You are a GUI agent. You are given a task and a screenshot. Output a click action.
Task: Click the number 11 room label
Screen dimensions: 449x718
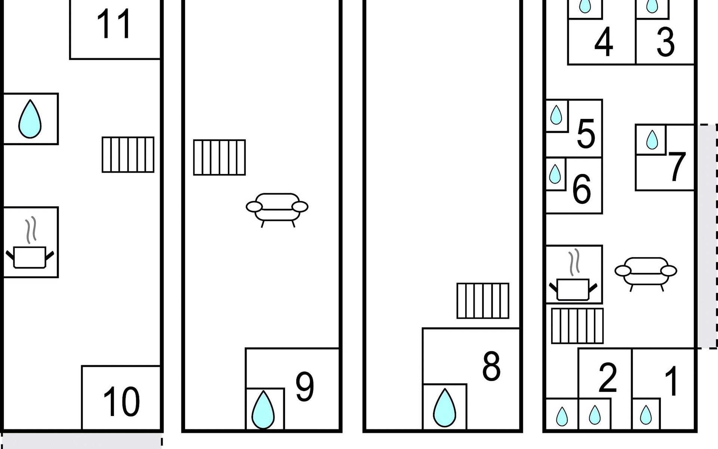[114, 25]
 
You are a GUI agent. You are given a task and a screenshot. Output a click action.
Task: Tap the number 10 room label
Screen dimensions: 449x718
[121, 402]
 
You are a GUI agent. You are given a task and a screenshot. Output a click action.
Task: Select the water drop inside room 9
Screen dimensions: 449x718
[263, 410]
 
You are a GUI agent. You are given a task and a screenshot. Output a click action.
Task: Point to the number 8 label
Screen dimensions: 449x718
[491, 366]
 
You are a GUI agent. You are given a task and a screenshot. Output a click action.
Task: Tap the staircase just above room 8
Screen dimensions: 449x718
[483, 301]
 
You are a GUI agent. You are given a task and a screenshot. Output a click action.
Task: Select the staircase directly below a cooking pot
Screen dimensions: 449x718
[577, 326]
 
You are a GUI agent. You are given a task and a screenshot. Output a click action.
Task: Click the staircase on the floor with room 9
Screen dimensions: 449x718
[220, 158]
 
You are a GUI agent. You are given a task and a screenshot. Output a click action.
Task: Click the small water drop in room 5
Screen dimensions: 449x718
[556, 115]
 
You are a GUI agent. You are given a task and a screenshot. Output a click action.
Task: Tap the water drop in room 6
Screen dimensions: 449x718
[555, 174]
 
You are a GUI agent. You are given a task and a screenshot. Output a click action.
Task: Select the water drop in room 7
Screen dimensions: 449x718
[652, 140]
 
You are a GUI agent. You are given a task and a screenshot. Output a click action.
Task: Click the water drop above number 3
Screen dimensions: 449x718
[652, 6]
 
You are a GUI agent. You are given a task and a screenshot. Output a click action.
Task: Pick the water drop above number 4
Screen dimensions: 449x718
[585, 6]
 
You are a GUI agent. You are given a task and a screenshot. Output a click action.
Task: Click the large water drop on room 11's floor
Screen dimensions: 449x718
[30, 119]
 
